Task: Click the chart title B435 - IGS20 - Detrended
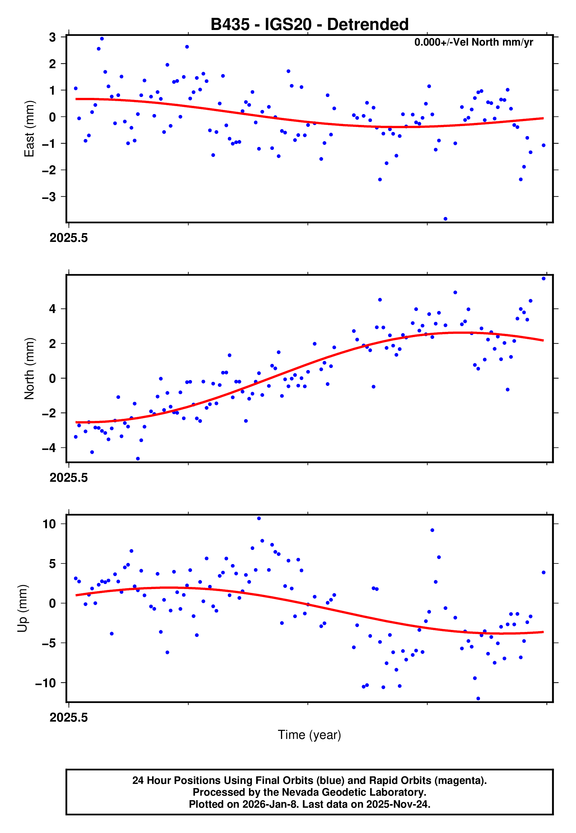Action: tap(309, 25)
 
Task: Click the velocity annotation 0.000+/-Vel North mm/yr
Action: tap(473, 42)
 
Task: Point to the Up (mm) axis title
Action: tap(22, 608)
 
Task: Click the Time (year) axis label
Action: tap(309, 735)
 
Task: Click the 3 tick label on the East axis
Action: tap(53, 37)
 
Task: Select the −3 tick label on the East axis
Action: tap(49, 197)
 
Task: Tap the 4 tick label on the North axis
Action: tap(53, 309)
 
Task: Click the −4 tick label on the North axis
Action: tap(49, 448)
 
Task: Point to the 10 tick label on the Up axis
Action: tap(49, 524)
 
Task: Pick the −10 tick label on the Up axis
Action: tap(46, 683)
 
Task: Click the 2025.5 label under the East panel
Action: tap(69, 238)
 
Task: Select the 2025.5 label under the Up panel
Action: tap(69, 717)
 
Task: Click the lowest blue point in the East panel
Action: tap(445, 219)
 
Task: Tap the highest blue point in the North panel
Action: tap(543, 279)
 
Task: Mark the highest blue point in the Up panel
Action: tap(259, 518)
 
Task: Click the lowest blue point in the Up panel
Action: tap(478, 699)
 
